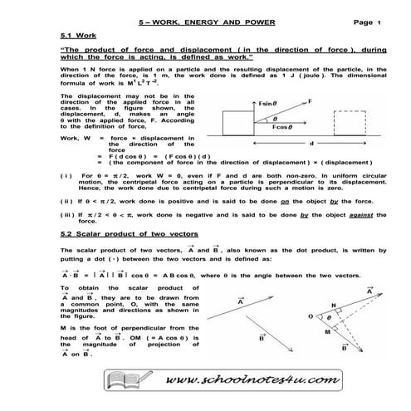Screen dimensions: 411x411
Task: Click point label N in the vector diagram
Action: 334,306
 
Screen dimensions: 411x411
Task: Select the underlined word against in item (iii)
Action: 370,215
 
